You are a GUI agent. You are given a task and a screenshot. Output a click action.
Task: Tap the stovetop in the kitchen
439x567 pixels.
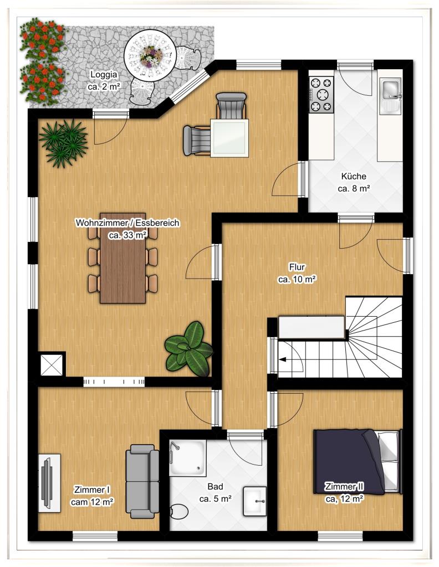(321, 95)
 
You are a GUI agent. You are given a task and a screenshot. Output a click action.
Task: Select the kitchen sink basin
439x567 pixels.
(391, 90)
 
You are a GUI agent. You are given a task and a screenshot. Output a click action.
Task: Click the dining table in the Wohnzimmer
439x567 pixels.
(122, 258)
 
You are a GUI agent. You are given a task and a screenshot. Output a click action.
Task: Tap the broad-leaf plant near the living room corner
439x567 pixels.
(188, 349)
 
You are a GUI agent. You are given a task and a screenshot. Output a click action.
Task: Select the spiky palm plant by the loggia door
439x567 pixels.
(63, 143)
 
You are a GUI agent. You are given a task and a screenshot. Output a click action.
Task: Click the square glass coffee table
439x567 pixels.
(229, 138)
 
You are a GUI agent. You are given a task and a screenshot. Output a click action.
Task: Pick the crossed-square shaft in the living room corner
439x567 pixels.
(52, 365)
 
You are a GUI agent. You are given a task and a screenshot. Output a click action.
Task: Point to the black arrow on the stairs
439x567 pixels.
(282, 359)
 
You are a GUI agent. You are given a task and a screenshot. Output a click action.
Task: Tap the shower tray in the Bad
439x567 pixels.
(188, 457)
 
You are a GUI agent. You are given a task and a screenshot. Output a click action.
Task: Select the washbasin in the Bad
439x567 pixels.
(255, 501)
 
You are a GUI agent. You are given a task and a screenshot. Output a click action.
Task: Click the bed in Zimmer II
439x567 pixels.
(357, 461)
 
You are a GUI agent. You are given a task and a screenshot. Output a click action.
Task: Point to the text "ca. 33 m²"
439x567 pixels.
(127, 235)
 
